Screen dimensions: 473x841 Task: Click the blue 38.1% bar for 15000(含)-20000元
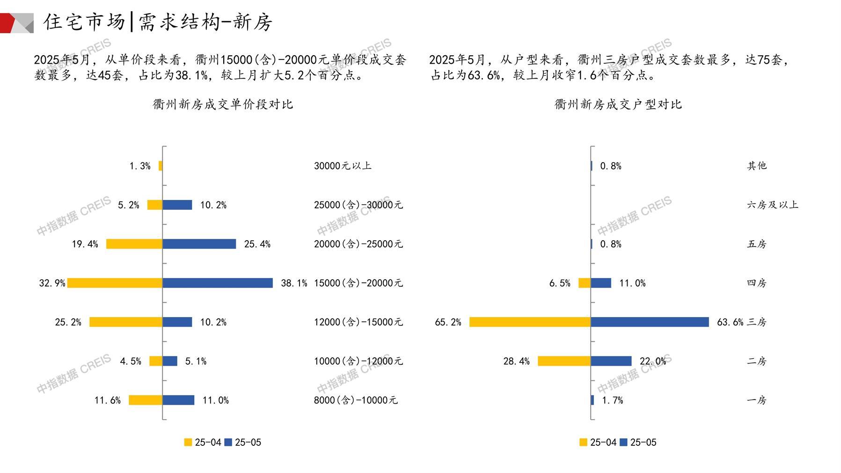(x=218, y=283)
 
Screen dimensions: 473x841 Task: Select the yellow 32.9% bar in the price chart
(x=115, y=283)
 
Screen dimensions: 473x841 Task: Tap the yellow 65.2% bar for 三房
(x=530, y=322)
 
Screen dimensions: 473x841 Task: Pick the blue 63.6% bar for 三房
(x=650, y=322)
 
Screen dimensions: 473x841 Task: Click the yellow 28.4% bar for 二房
(x=564, y=361)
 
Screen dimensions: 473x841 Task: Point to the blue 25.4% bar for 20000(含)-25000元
(x=199, y=244)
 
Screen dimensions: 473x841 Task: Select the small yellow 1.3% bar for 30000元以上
(x=161, y=166)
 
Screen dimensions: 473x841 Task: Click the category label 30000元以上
(x=343, y=166)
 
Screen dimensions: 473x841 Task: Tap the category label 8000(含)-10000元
(x=356, y=400)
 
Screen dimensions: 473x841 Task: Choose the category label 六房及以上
(x=772, y=205)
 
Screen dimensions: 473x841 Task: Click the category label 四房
(x=757, y=283)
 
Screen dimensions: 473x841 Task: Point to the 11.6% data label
(x=108, y=400)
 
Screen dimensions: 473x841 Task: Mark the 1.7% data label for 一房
(x=612, y=400)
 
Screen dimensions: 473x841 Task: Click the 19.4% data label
(x=85, y=244)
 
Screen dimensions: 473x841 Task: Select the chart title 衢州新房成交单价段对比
(x=223, y=104)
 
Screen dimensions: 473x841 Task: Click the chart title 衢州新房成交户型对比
(x=618, y=104)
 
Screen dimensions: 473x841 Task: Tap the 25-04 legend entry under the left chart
(x=203, y=443)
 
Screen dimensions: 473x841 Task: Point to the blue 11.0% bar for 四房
(x=601, y=283)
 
